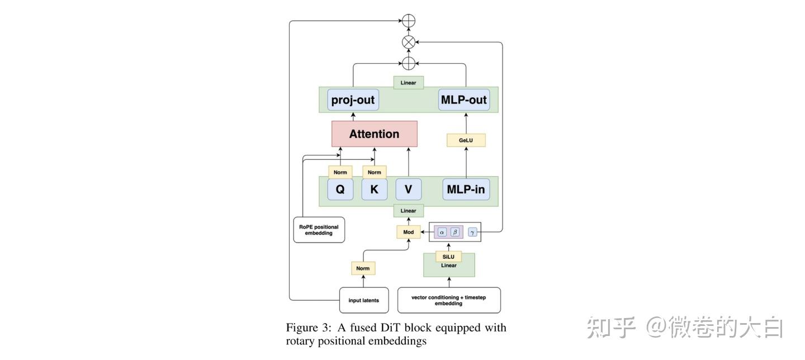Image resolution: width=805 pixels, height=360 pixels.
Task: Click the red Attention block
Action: pos(374,134)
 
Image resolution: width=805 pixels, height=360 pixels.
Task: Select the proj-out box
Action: pos(353,100)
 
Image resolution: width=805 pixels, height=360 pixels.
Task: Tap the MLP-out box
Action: pos(463,100)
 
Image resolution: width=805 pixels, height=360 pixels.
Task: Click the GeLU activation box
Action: pos(466,140)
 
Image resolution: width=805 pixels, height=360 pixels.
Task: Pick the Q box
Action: pos(340,190)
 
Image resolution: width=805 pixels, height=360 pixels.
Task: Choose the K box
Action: pos(374,190)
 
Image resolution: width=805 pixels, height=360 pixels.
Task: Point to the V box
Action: pos(408,190)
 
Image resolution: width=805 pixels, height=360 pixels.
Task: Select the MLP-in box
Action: pos(465,190)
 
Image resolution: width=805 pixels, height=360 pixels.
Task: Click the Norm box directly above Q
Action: pos(340,172)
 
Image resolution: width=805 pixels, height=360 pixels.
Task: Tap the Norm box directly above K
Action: pos(374,172)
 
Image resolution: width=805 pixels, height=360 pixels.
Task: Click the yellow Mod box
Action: pos(408,231)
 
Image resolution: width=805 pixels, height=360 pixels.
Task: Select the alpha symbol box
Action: pos(442,231)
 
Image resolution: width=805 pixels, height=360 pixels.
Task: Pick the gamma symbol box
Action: pos(472,231)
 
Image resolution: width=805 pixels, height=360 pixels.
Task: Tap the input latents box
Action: pos(363,300)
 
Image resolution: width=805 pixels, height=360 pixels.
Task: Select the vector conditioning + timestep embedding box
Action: pos(449,300)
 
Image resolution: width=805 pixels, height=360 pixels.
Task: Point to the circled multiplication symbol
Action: pos(409,42)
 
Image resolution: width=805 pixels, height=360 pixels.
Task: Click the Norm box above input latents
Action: pos(363,268)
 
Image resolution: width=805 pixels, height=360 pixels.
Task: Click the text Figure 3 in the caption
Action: pos(306,328)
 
